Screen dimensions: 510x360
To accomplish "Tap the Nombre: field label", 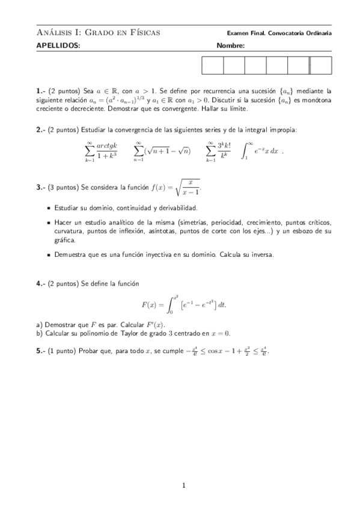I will tap(230, 46).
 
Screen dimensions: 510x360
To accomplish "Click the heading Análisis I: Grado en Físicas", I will tap(98, 32).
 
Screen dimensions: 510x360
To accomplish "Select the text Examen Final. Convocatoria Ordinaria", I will tap(279, 33).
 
